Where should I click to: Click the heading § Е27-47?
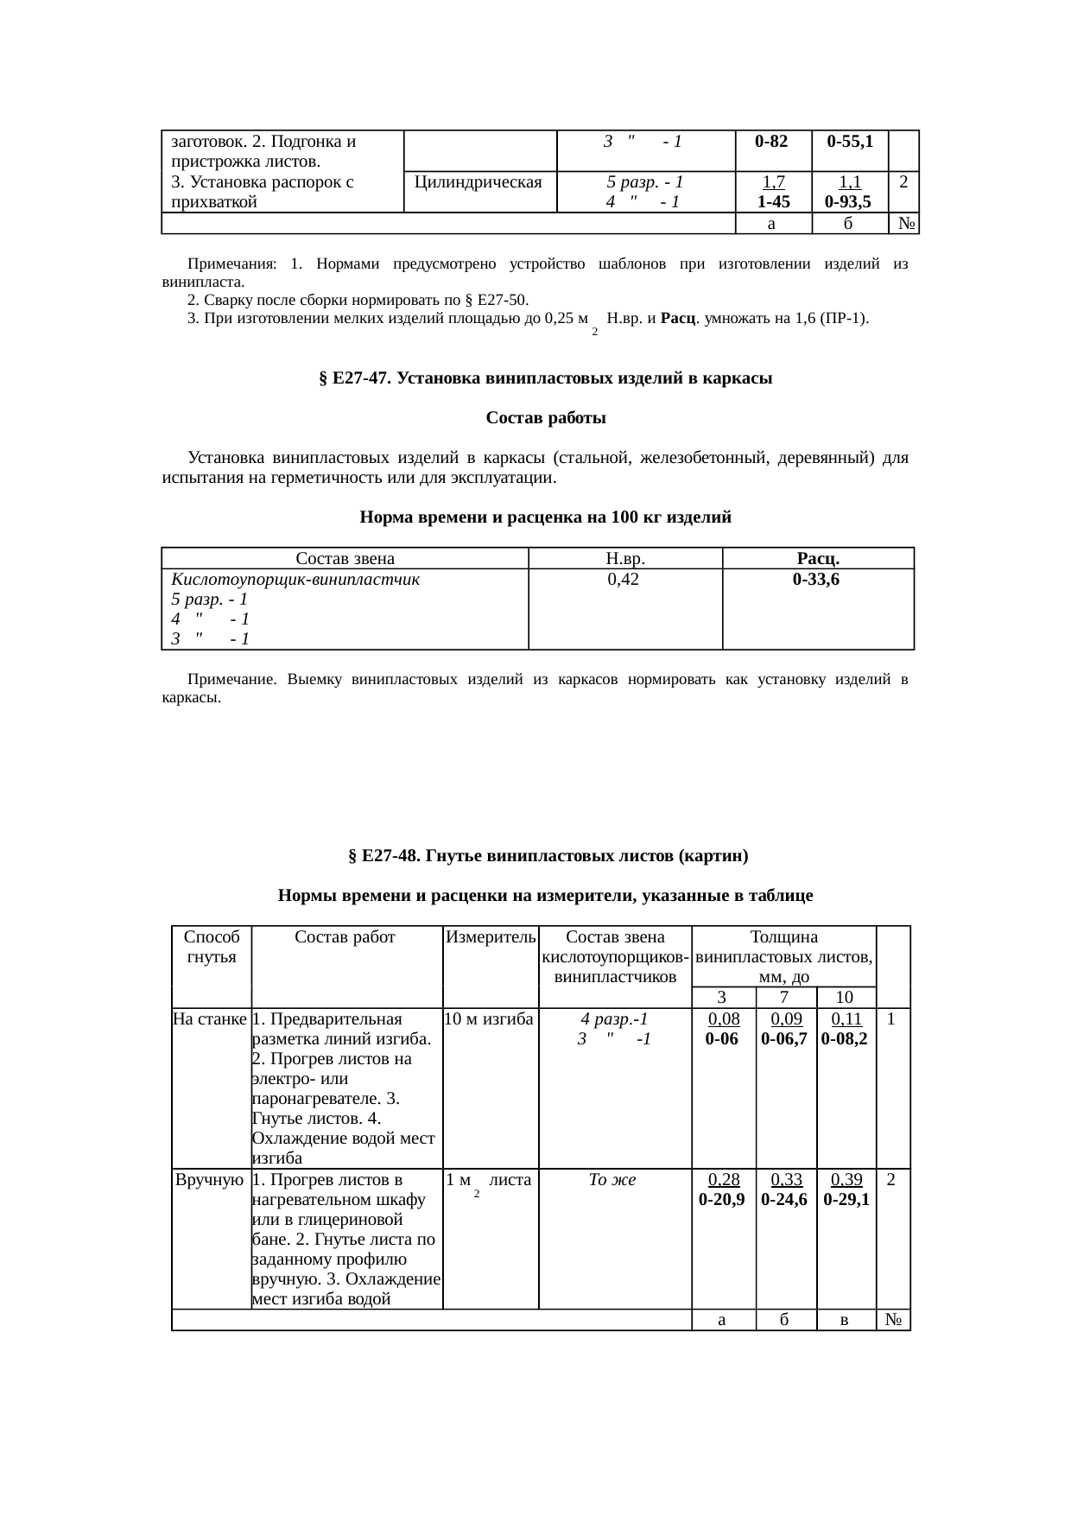pos(545,378)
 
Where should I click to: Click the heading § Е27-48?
pos(547,856)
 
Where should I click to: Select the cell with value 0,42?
pos(624,580)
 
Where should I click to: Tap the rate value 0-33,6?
pos(816,580)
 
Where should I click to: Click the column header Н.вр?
pos(625,559)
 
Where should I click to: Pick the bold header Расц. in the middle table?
pos(818,559)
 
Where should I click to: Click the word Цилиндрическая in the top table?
pos(478,182)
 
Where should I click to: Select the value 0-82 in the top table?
pos(772,141)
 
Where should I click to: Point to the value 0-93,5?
pos(847,202)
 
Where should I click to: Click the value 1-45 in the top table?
pos(773,202)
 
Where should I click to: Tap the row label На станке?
pos(211,1019)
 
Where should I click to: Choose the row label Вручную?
pos(210,1180)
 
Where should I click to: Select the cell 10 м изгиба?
pos(489,1019)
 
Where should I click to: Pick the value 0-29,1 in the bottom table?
pos(846,1200)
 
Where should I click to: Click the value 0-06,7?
pos(784,1039)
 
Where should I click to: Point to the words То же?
pos(612,1180)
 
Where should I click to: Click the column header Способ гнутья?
pos(211,948)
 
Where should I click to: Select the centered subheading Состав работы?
pos(546,419)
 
